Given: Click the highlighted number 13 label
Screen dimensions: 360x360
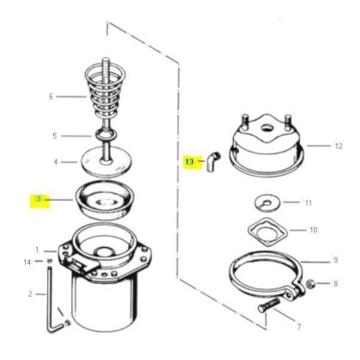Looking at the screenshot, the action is pyautogui.click(x=189, y=162).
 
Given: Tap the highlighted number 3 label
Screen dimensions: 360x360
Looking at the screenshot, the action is pyautogui.click(x=39, y=199).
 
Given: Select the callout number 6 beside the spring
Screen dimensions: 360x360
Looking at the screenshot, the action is pyautogui.click(x=51, y=97).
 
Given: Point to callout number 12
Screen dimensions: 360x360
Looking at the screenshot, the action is pyautogui.click(x=339, y=146).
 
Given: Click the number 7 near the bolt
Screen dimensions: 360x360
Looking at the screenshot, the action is pyautogui.click(x=299, y=327).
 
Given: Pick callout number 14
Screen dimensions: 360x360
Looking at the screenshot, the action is pyautogui.click(x=27, y=262).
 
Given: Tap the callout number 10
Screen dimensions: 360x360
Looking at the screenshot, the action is pyautogui.click(x=314, y=230).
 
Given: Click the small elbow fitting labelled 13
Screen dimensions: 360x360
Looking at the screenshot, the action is pyautogui.click(x=213, y=162).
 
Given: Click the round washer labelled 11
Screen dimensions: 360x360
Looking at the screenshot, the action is pyautogui.click(x=267, y=203).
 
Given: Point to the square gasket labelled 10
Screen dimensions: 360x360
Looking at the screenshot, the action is pyautogui.click(x=267, y=231).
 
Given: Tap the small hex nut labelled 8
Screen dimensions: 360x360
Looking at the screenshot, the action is pyautogui.click(x=311, y=284).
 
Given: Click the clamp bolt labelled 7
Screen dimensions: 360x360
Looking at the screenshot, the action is pyautogui.click(x=268, y=305).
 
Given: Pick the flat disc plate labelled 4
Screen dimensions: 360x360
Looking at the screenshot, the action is pyautogui.click(x=106, y=165).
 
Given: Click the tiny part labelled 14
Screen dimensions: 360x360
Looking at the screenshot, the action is pyautogui.click(x=50, y=261).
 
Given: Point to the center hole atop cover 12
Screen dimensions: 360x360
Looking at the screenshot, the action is pyautogui.click(x=267, y=128).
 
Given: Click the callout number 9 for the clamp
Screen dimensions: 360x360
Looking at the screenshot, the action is pyautogui.click(x=335, y=260).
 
